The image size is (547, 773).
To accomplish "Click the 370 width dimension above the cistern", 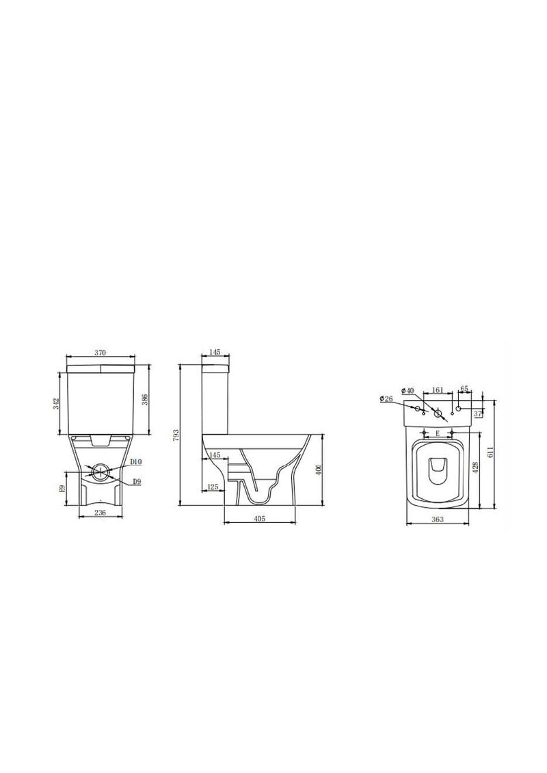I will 100,353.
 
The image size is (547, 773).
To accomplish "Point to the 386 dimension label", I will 144,401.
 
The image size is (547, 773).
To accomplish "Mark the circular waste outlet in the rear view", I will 100,472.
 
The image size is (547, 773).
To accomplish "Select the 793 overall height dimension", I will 176,435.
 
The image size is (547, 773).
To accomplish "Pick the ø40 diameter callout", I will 408,390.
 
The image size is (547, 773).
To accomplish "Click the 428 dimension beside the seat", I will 475,467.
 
